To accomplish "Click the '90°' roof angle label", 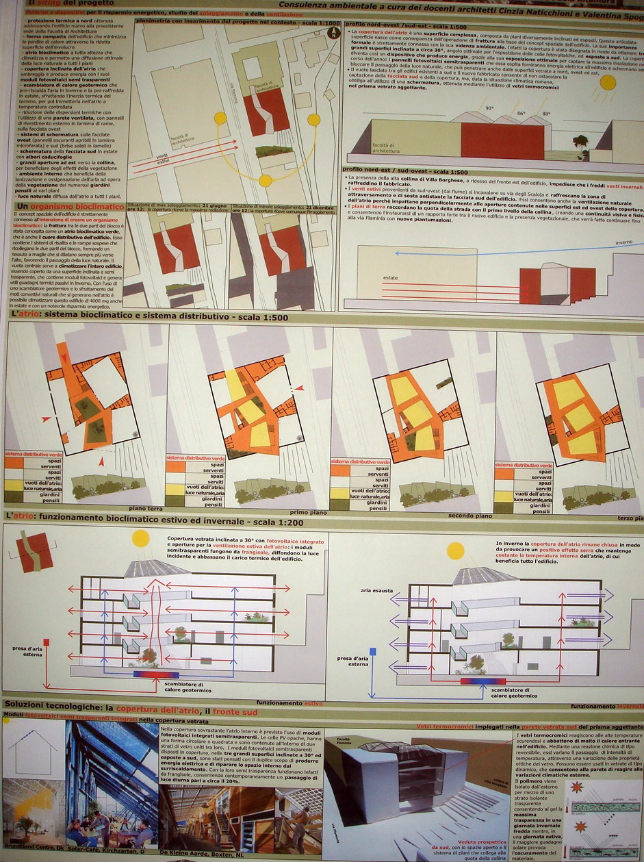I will tap(489, 108).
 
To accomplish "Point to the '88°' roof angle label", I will tap(546, 114).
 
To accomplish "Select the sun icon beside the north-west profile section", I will tap(607, 84).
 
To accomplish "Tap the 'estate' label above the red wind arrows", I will tap(391, 278).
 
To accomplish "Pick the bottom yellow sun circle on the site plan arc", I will tap(265, 180).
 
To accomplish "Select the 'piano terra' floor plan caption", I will tap(145, 508).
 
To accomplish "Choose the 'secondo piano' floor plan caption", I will tap(470, 515).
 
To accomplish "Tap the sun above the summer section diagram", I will tap(141, 538).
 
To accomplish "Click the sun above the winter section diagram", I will tap(455, 551).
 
